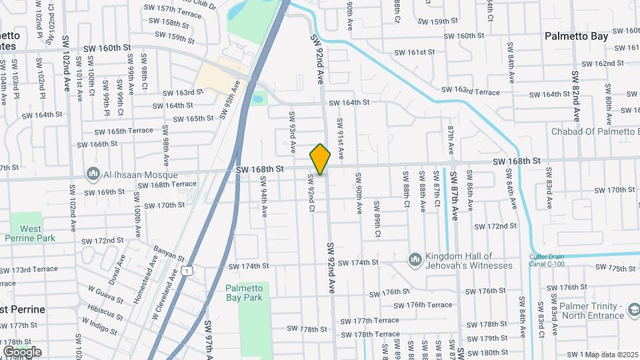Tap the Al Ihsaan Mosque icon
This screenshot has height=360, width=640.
(x=93, y=175)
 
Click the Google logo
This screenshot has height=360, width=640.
(x=22, y=351)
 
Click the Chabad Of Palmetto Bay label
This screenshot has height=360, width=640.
(x=595, y=131)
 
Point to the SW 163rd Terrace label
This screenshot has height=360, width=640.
(x=476, y=91)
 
